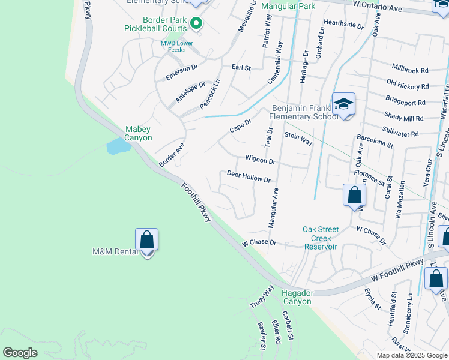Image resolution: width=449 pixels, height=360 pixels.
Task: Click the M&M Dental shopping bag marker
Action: click(x=147, y=240)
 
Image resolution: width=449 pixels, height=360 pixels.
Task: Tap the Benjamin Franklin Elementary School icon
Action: click(x=343, y=105)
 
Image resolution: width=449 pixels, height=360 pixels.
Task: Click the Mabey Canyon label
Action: click(x=138, y=133)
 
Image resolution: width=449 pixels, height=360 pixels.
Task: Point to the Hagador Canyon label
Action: click(x=297, y=297)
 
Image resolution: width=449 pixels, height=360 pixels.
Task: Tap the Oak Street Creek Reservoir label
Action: click(x=321, y=238)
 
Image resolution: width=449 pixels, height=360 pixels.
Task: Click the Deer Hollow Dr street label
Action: click(x=249, y=176)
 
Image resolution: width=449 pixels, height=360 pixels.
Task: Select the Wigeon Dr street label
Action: click(x=260, y=161)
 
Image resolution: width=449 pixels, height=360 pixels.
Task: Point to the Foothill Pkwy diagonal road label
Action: click(x=197, y=203)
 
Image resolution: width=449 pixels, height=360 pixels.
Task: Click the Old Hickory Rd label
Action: click(x=407, y=86)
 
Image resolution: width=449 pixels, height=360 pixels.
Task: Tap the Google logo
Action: click(x=20, y=353)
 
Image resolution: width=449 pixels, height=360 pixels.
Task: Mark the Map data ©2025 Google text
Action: click(x=411, y=355)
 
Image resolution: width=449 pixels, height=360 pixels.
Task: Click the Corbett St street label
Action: click(x=286, y=325)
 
